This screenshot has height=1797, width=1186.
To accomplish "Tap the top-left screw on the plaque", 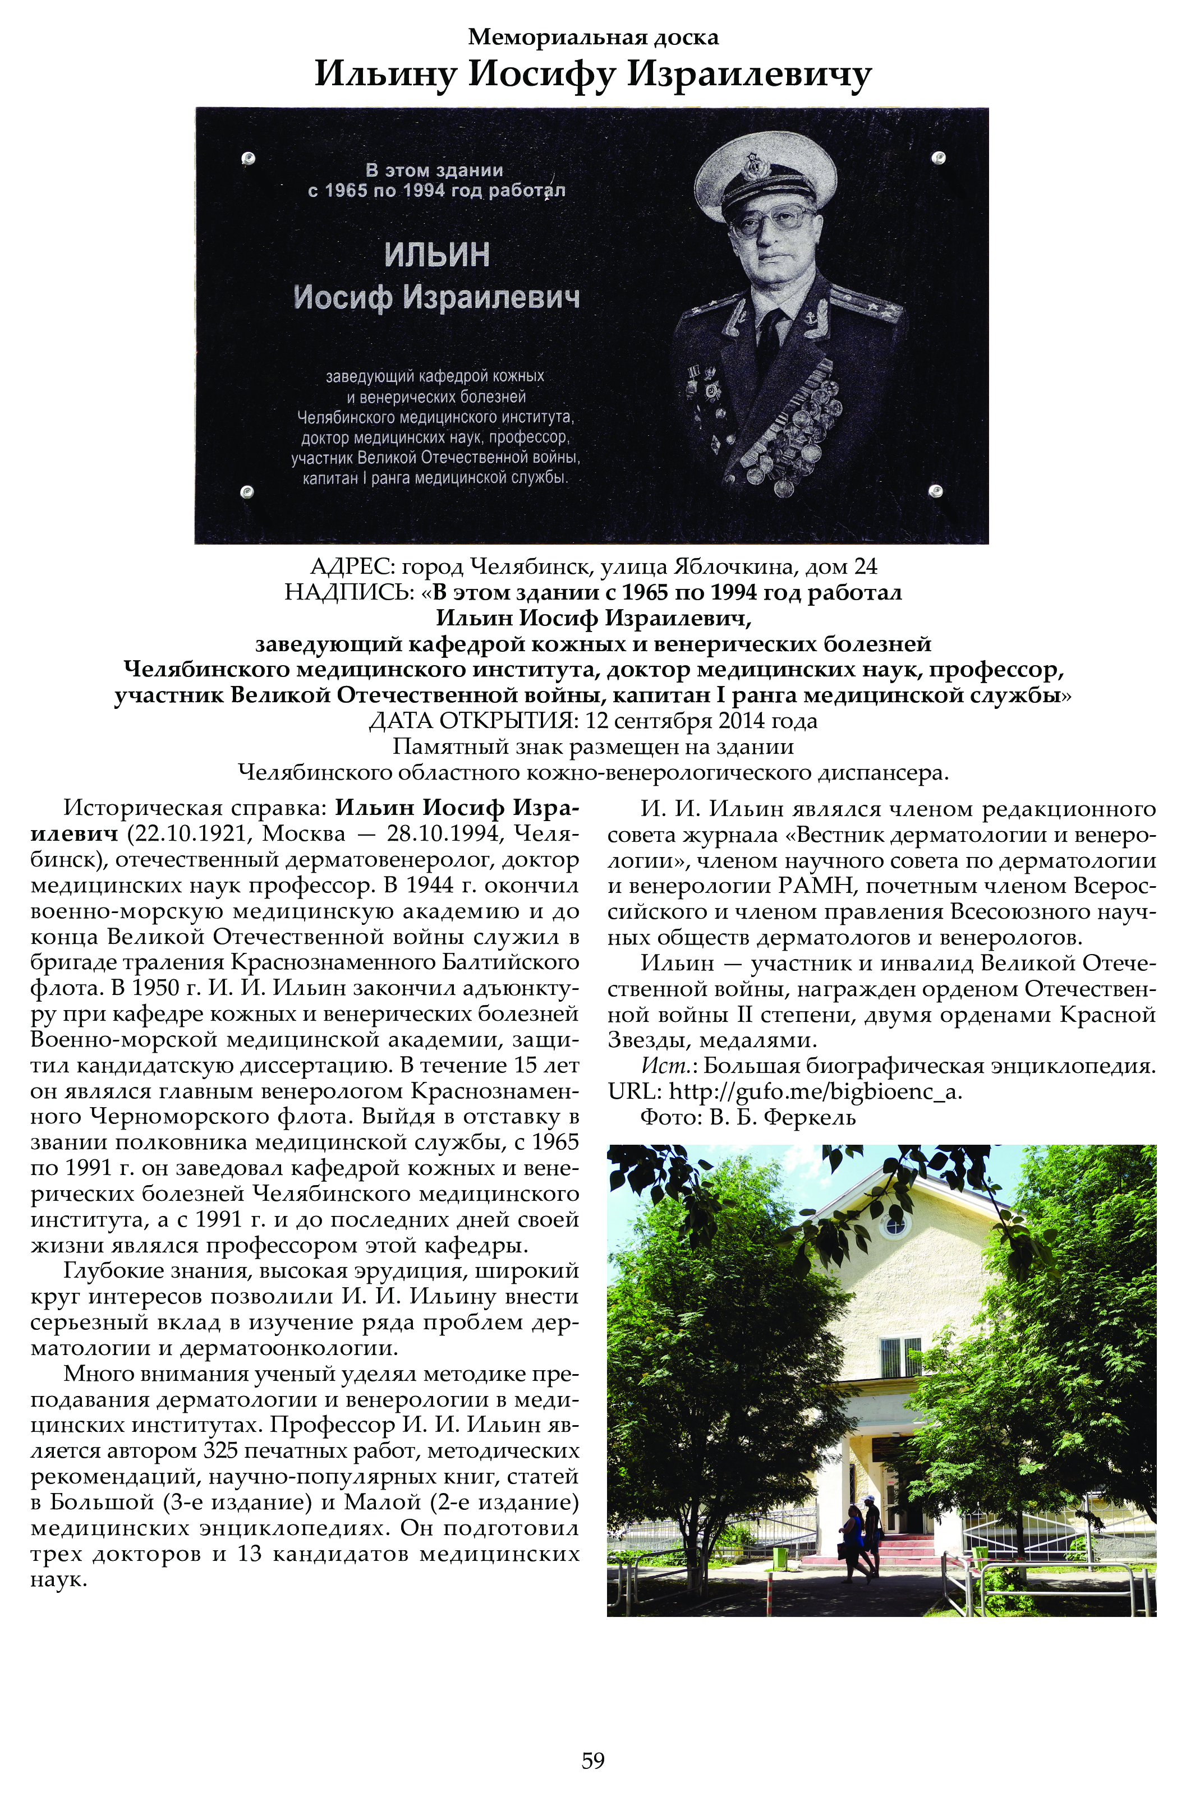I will point(248,159).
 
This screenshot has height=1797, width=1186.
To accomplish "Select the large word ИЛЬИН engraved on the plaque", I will point(437,255).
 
